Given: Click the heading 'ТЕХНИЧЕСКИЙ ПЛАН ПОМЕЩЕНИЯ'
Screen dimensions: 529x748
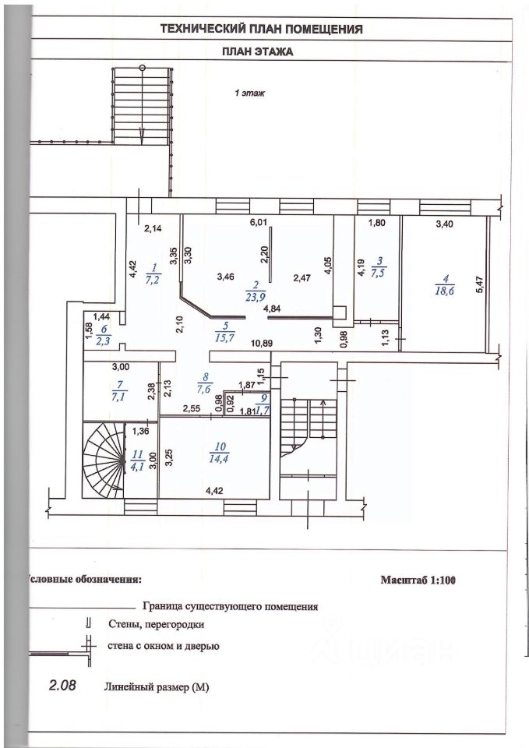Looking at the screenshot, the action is pos(262,30).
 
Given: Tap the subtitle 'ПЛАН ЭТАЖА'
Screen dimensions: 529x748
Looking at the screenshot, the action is pos(262,53).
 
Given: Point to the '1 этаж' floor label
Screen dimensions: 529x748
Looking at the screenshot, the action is pos(251,93).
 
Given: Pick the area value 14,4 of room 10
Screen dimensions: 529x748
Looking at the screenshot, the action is pos(220,460).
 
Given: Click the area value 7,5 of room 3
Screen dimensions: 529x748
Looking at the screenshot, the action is pos(379,273).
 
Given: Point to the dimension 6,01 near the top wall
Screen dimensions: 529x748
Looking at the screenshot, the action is pos(258,223).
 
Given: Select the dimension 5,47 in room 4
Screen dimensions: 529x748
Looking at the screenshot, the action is pos(480,285).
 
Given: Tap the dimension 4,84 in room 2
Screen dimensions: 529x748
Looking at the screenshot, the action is pos(272,309).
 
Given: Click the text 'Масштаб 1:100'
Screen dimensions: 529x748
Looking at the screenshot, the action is pos(421,580).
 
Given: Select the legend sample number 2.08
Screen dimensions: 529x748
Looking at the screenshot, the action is pos(64,686).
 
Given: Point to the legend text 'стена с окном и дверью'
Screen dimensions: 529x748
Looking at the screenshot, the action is pos(164,646).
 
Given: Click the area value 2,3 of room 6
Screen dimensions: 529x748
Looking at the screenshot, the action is pos(102,341).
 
